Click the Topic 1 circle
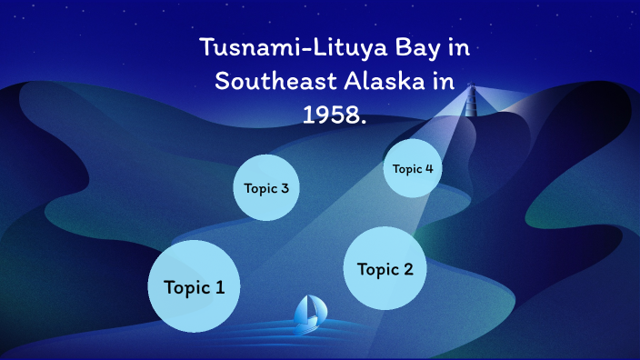click(x=194, y=287)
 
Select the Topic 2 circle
click(x=385, y=269)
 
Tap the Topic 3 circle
click(x=266, y=188)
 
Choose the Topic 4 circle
click(x=413, y=168)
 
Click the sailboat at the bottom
click(x=311, y=313)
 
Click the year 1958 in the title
click(x=331, y=111)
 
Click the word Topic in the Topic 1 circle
click(x=185, y=287)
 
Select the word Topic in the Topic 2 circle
click(x=377, y=269)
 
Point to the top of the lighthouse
click(x=471, y=88)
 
